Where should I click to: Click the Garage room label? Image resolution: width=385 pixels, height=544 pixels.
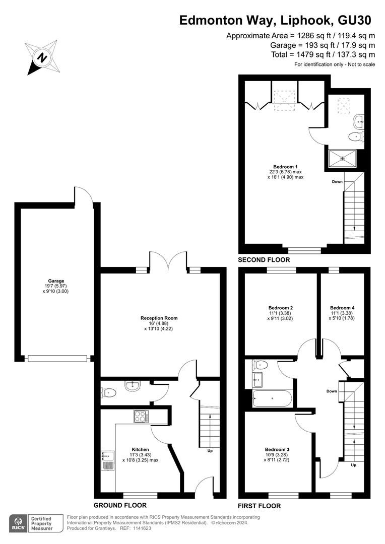click(56, 281)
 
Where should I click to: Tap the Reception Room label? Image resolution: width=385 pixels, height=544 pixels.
click(159, 318)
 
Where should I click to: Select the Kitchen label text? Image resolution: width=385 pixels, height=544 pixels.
click(140, 450)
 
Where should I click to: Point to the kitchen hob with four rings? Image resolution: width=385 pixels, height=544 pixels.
click(141, 417)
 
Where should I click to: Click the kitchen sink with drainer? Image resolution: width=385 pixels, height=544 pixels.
click(108, 461)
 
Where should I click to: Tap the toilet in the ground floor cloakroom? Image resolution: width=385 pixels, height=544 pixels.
click(109, 393)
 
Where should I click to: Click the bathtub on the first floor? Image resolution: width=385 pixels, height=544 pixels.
click(273, 398)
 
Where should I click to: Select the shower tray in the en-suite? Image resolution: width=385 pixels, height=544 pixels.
click(343, 159)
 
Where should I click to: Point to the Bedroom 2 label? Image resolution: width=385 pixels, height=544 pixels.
click(281, 308)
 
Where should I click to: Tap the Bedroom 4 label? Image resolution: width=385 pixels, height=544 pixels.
click(342, 308)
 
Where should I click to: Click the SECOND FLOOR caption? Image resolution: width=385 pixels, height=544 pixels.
click(264, 259)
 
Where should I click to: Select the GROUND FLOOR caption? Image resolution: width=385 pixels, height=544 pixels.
click(120, 505)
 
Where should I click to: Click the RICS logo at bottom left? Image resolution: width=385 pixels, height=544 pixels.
click(18, 523)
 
